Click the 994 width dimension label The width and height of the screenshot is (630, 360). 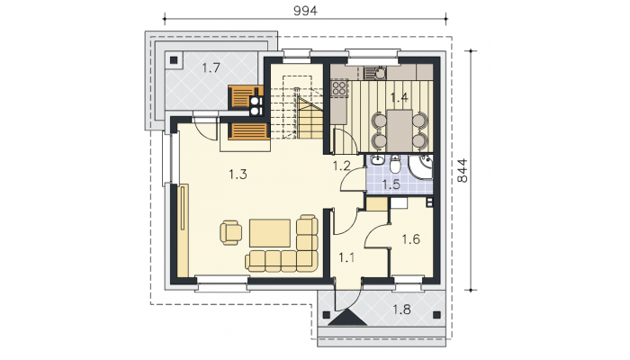(305, 11)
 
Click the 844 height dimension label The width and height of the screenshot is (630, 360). (463, 171)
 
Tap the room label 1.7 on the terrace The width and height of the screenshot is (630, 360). (211, 67)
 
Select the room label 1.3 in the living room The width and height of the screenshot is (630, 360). (238, 175)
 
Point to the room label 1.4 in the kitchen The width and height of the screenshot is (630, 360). (399, 97)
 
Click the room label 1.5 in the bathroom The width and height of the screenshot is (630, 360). (391, 184)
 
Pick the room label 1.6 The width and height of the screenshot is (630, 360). (411, 239)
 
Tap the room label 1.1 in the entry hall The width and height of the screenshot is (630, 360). (346, 257)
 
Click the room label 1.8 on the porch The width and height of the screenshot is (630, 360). (401, 310)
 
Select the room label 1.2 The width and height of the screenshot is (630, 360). (341, 166)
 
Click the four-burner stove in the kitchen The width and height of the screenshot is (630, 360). (339, 87)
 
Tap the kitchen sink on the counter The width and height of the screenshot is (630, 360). (375, 73)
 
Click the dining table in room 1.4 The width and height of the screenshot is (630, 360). (400, 130)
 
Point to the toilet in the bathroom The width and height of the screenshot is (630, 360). (394, 164)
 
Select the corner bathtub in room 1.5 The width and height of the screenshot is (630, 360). (420, 166)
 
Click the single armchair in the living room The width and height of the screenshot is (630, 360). (230, 232)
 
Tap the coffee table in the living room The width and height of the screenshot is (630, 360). (270, 233)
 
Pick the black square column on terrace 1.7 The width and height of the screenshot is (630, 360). (174, 60)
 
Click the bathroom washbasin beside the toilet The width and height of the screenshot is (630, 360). (376, 161)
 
